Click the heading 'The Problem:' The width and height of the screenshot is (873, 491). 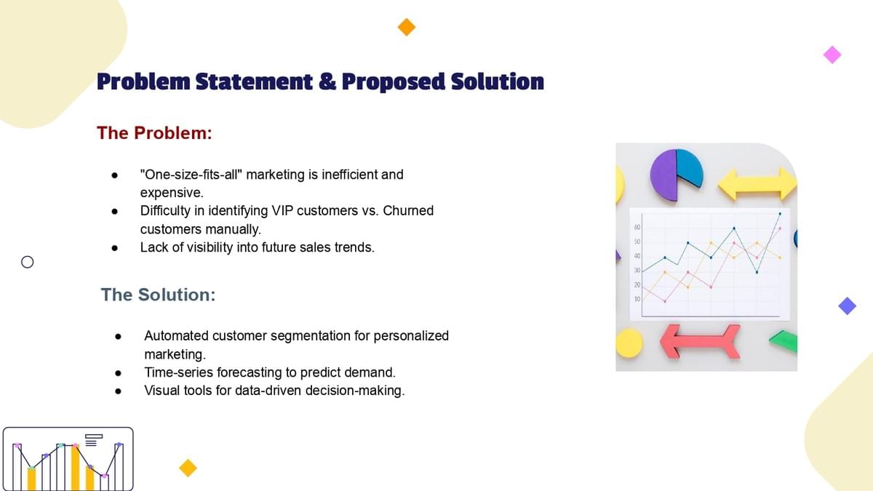(x=154, y=133)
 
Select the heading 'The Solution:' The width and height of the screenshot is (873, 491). (x=158, y=295)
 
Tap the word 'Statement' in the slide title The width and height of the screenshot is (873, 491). (x=254, y=81)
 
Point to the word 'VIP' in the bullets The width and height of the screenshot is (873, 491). (x=282, y=210)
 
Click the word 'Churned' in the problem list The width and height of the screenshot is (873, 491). (x=408, y=210)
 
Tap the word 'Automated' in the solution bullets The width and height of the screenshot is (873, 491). (x=176, y=335)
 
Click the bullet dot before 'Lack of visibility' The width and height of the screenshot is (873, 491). (x=115, y=248)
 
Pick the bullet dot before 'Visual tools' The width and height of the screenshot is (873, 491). (x=119, y=391)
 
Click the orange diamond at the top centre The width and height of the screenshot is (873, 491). (x=407, y=27)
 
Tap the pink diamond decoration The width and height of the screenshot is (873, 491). (x=832, y=55)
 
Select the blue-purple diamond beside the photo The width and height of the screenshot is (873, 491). (x=848, y=306)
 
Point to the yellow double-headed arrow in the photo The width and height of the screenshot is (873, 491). (x=757, y=184)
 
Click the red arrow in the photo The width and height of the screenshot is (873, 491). (x=700, y=341)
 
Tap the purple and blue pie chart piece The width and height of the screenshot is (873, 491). (x=676, y=175)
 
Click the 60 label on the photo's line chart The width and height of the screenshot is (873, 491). (x=637, y=227)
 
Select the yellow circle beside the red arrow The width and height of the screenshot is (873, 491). (x=629, y=343)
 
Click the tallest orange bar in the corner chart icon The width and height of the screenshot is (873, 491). (x=75, y=468)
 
